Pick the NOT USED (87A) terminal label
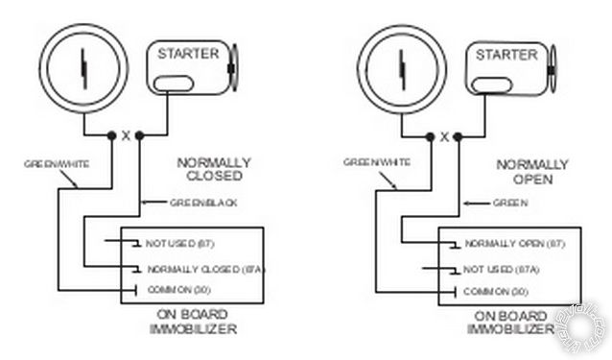coord(502,269)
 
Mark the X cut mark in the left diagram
coord(126,135)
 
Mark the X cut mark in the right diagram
coord(443,136)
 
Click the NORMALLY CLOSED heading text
coord(213,171)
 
